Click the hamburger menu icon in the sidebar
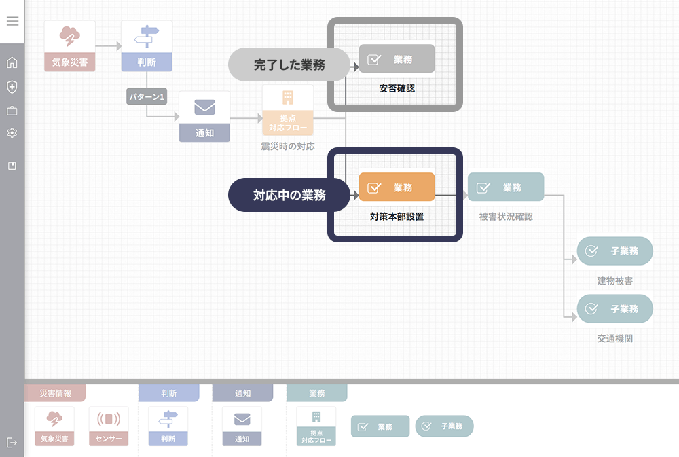coord(12,21)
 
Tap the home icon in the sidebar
coord(12,63)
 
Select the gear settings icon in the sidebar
coord(12,133)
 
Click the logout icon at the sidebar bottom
coord(12,443)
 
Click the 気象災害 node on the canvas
coord(70,45)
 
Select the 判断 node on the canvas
coord(147,45)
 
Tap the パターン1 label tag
coord(147,97)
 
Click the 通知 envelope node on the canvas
coord(204,116)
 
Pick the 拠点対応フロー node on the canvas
coord(288,110)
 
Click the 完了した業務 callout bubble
coord(289,65)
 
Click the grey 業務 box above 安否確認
coord(397,59)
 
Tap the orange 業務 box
coord(397,187)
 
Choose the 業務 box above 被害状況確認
coord(506,187)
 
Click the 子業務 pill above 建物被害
coord(614,251)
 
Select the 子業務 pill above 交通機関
coord(614,309)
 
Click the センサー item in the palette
coord(109,426)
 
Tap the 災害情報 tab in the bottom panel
coord(56,393)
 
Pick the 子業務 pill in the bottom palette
coord(444,426)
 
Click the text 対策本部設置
coord(397,217)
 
